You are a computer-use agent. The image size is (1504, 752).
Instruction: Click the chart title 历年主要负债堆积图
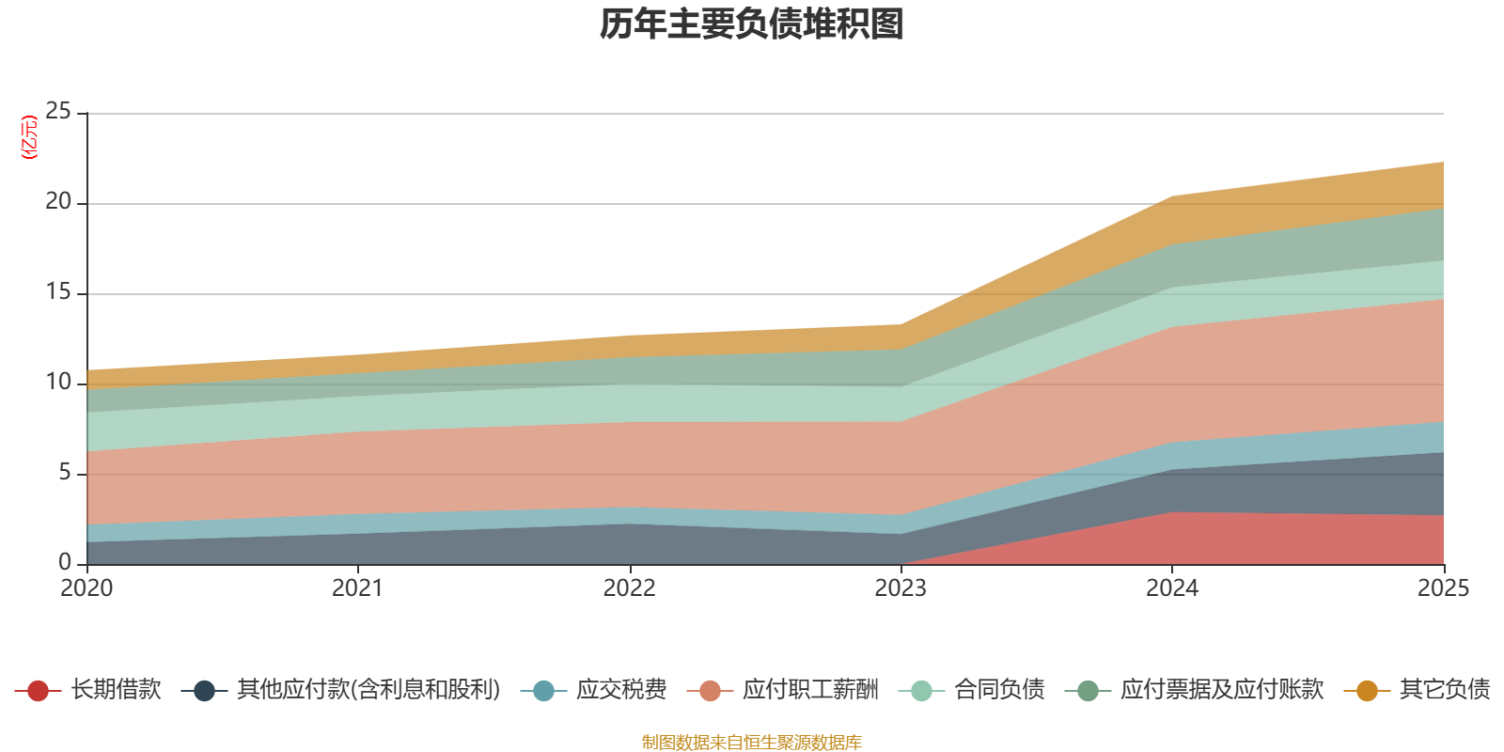[x=752, y=24]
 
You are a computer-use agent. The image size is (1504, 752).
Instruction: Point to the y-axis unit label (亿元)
[x=29, y=137]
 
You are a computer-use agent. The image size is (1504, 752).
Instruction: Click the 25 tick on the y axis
[x=58, y=112]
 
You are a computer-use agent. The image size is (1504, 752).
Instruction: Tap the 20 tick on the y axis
[x=58, y=202]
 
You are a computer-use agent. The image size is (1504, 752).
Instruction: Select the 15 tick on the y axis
[x=58, y=292]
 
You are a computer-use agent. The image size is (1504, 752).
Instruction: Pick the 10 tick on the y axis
[x=58, y=383]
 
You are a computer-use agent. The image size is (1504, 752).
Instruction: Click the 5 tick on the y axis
[x=64, y=473]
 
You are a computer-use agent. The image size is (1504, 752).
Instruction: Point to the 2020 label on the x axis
[x=86, y=588]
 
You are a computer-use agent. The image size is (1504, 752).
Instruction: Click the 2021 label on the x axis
[x=357, y=588]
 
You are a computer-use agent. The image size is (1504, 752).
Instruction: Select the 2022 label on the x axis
[x=629, y=588]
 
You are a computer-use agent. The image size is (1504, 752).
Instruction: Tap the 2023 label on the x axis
[x=901, y=588]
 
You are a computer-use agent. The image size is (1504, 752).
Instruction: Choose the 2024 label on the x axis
[x=1171, y=588]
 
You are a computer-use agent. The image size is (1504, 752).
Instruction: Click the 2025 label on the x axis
[x=1442, y=588]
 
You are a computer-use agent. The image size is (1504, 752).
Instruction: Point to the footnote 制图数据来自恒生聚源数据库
[x=752, y=743]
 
